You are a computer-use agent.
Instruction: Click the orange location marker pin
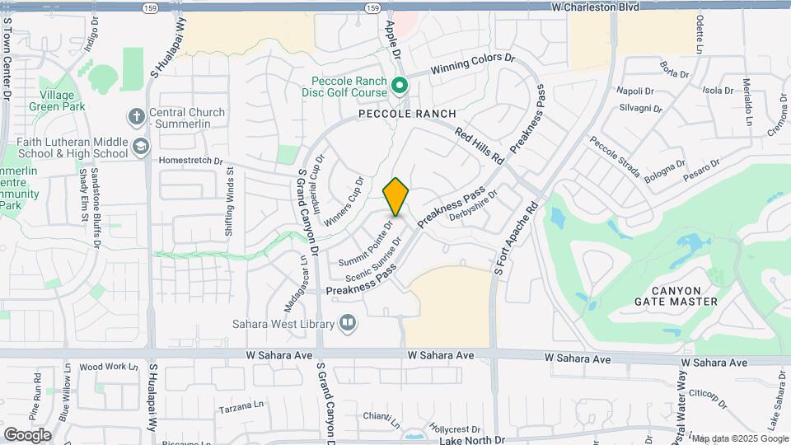click(395, 196)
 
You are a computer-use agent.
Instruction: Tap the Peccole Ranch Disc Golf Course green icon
click(400, 85)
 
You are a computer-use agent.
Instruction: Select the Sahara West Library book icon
click(348, 322)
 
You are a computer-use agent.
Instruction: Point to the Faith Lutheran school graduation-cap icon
click(141, 148)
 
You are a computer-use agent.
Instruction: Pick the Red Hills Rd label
click(479, 147)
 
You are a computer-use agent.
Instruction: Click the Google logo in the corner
click(27, 434)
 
